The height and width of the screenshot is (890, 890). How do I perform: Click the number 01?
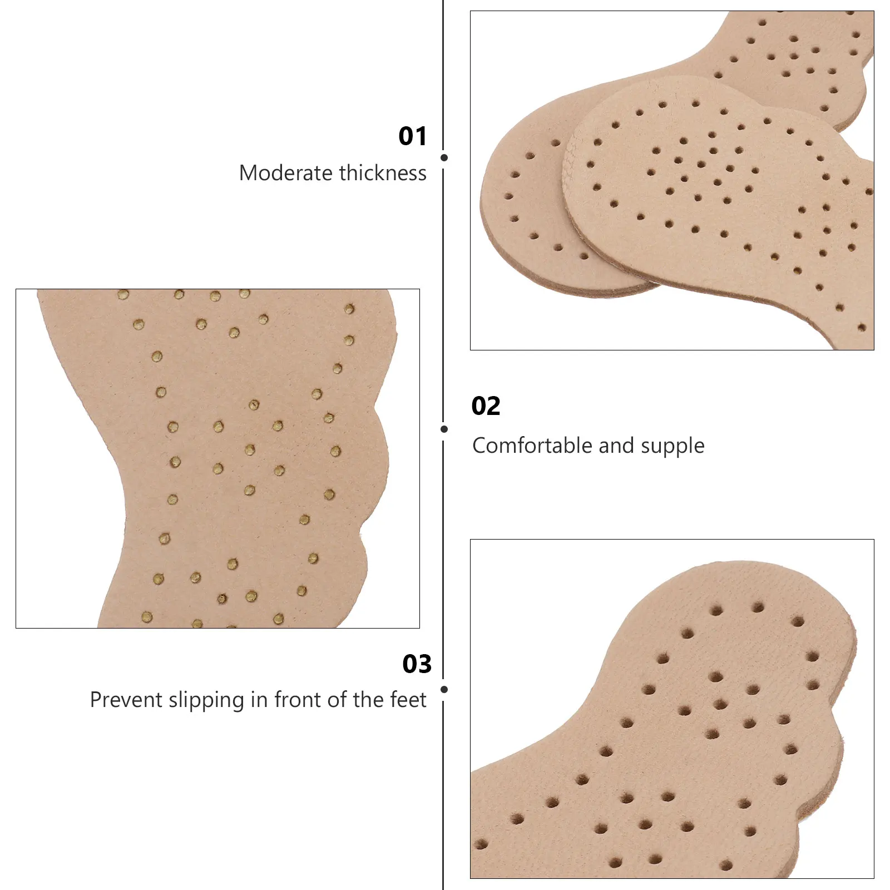click(x=412, y=136)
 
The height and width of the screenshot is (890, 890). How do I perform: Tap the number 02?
click(x=486, y=406)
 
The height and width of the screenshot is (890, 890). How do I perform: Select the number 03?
click(x=417, y=664)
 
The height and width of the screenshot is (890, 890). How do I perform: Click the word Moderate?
click(x=285, y=173)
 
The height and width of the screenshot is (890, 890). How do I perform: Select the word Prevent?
click(x=126, y=700)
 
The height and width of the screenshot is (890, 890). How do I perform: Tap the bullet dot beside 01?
click(x=444, y=158)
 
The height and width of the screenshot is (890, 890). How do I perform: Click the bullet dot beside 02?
click(x=444, y=429)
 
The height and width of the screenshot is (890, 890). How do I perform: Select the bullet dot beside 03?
click(x=444, y=690)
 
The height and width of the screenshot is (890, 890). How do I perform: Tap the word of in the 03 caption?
click(x=337, y=700)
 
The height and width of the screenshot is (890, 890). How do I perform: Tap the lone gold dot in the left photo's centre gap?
click(x=254, y=404)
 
